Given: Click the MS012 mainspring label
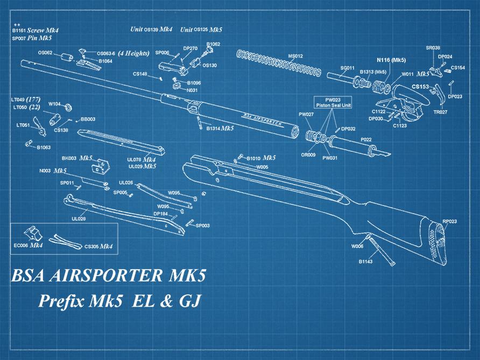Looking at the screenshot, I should coord(295,56).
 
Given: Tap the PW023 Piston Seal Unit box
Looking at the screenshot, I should coord(333,102).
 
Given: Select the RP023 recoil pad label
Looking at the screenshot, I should coord(449,221).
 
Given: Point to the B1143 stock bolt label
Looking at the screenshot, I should coord(366,262).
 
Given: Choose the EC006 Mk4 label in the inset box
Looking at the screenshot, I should coord(29,245).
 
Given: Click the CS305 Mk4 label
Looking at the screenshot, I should coord(98,246).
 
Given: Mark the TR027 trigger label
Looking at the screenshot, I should coord(440,112).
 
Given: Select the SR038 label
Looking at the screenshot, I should coord(433,48).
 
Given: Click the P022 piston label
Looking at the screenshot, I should coord(366,139).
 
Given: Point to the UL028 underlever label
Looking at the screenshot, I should coord(79,219).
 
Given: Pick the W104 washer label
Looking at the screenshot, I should coord(54,104).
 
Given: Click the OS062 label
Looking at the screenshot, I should coord(45,53).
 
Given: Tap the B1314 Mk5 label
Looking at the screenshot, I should coord(220,129).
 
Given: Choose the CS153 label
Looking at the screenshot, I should coord(420,86).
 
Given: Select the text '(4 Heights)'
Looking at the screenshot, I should coord(133,53).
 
